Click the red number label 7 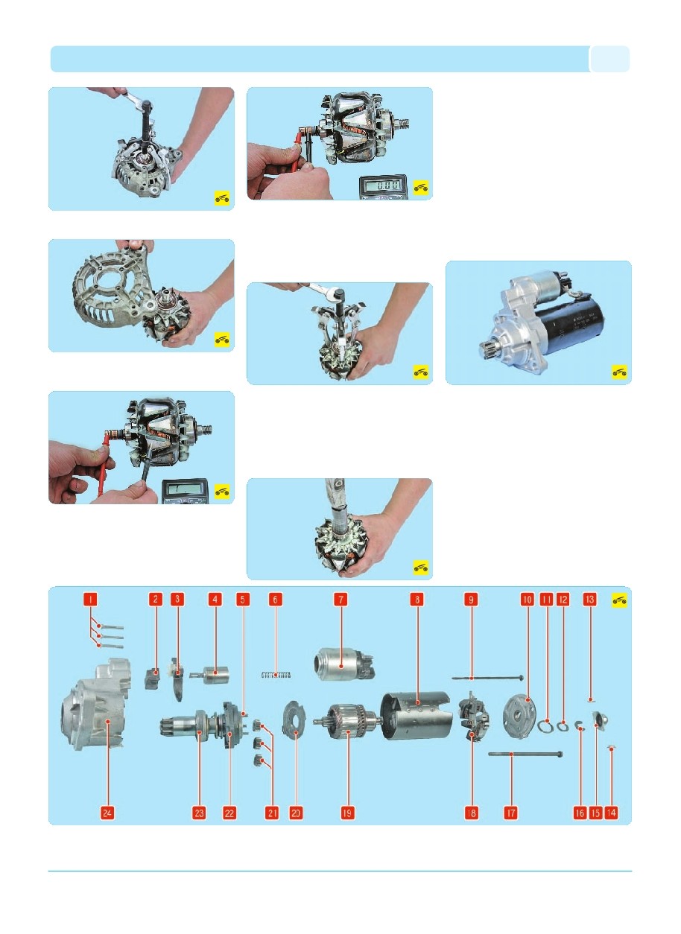point(340,600)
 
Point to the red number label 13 point(589,600)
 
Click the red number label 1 point(90,600)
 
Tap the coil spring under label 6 point(276,674)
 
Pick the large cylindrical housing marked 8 point(417,715)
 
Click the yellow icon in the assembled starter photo point(620,372)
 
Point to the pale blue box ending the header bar point(609,59)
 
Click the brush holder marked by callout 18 point(474,716)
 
